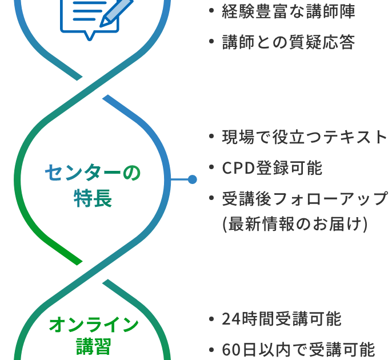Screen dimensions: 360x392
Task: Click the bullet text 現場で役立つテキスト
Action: pyautogui.click(x=305, y=137)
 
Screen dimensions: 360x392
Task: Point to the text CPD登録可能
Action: pyautogui.click(x=272, y=168)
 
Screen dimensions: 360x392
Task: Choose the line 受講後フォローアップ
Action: pyautogui.click(x=305, y=198)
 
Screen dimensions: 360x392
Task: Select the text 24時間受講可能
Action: pyautogui.click(x=281, y=319)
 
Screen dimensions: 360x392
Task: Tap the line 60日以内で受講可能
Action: pyautogui.click(x=298, y=349)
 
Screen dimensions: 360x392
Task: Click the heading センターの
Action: pyautogui.click(x=93, y=173)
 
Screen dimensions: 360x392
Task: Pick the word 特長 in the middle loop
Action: pyautogui.click(x=93, y=198)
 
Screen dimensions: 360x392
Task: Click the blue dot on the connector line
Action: pyautogui.click(x=192, y=179)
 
